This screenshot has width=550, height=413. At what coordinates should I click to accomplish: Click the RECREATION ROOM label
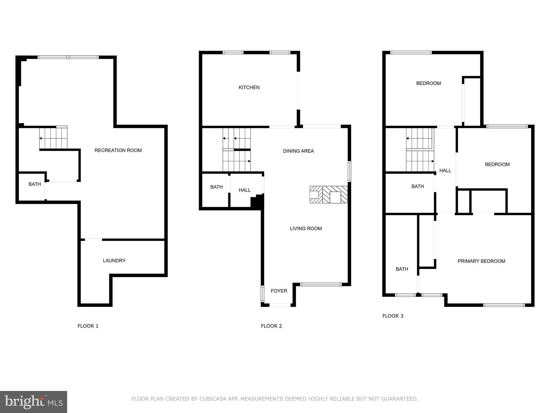click(x=118, y=150)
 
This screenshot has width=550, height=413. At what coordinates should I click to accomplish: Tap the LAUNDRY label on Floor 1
click(x=114, y=261)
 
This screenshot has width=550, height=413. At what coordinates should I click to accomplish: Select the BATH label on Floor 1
click(x=35, y=184)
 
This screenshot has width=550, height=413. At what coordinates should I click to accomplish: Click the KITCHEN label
click(x=249, y=87)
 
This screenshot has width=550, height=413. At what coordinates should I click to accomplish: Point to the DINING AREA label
click(x=298, y=151)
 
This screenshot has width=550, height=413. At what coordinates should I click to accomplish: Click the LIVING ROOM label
click(x=306, y=229)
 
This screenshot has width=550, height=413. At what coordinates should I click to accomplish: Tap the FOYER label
click(x=279, y=291)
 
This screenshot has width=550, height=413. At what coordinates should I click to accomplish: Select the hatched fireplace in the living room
click(x=328, y=194)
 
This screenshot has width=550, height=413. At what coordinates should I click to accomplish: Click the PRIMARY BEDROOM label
click(x=481, y=261)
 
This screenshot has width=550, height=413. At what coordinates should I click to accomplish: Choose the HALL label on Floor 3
click(x=445, y=170)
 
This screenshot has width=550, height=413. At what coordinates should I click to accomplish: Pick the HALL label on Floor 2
click(x=244, y=190)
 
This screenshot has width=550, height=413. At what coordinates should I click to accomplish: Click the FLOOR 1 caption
click(x=88, y=326)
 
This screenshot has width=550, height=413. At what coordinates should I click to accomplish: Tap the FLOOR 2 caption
click(x=271, y=326)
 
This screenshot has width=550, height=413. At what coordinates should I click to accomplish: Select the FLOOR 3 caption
click(x=393, y=316)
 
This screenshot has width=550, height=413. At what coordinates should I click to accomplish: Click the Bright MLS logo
click(x=34, y=402)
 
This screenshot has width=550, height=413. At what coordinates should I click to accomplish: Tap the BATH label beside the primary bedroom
click(x=402, y=269)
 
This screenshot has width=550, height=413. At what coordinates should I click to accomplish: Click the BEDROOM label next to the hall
click(x=497, y=164)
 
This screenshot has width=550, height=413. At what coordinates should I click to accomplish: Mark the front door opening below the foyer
click(x=280, y=305)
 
